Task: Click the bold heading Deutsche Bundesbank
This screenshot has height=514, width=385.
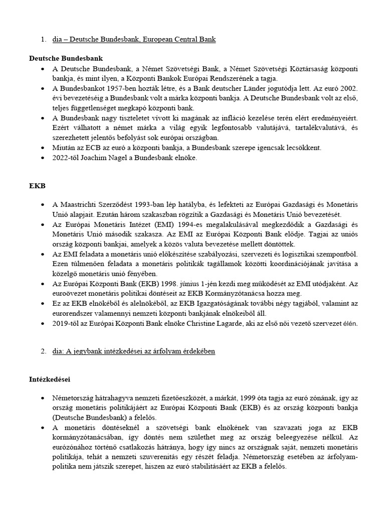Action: point(66,59)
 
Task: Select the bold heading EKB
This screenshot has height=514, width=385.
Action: point(37,186)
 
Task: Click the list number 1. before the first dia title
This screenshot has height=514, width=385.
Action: point(43,39)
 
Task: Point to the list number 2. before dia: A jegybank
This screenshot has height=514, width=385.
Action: point(43,351)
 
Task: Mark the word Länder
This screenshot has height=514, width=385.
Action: point(257,88)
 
